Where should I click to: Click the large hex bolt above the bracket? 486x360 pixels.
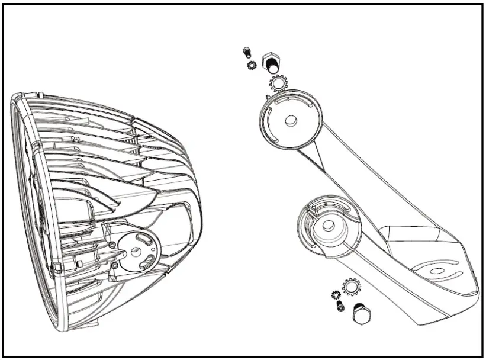pyautogui.click(x=272, y=61)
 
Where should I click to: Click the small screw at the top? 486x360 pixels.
pyautogui.click(x=248, y=53)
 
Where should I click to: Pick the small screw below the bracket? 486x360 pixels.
pyautogui.click(x=339, y=306)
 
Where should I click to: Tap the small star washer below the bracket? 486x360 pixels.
pyautogui.click(x=335, y=294)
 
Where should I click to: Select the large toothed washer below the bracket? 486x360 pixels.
pyautogui.click(x=351, y=287)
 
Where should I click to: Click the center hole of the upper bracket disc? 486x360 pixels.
pyautogui.click(x=290, y=120)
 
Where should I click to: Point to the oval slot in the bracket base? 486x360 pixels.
pyautogui.click(x=439, y=271)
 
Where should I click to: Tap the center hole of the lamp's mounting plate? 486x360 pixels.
pyautogui.click(x=139, y=249)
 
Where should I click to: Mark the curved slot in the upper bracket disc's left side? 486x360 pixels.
pyautogui.click(x=267, y=121)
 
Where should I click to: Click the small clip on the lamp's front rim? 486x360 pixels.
pyautogui.click(x=57, y=269)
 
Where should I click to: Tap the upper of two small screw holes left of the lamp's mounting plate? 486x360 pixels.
pyautogui.click(x=111, y=245)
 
